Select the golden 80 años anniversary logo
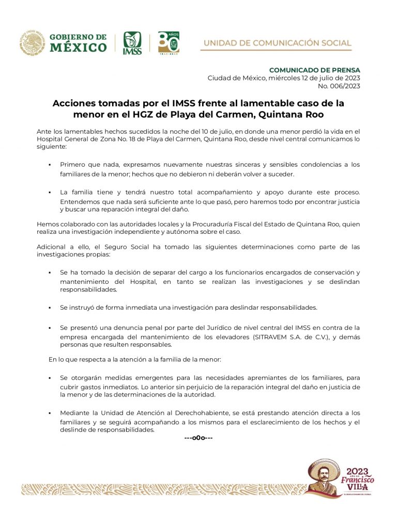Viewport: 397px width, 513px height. tap(169, 42)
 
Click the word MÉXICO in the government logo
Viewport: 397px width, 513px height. tap(78, 47)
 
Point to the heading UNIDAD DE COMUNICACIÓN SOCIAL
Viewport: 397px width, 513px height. tap(278, 43)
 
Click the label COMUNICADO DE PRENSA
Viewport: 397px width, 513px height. tap(315, 70)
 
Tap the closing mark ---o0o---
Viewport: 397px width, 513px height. tap(198, 438)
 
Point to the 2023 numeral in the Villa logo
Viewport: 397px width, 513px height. tap(357, 471)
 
